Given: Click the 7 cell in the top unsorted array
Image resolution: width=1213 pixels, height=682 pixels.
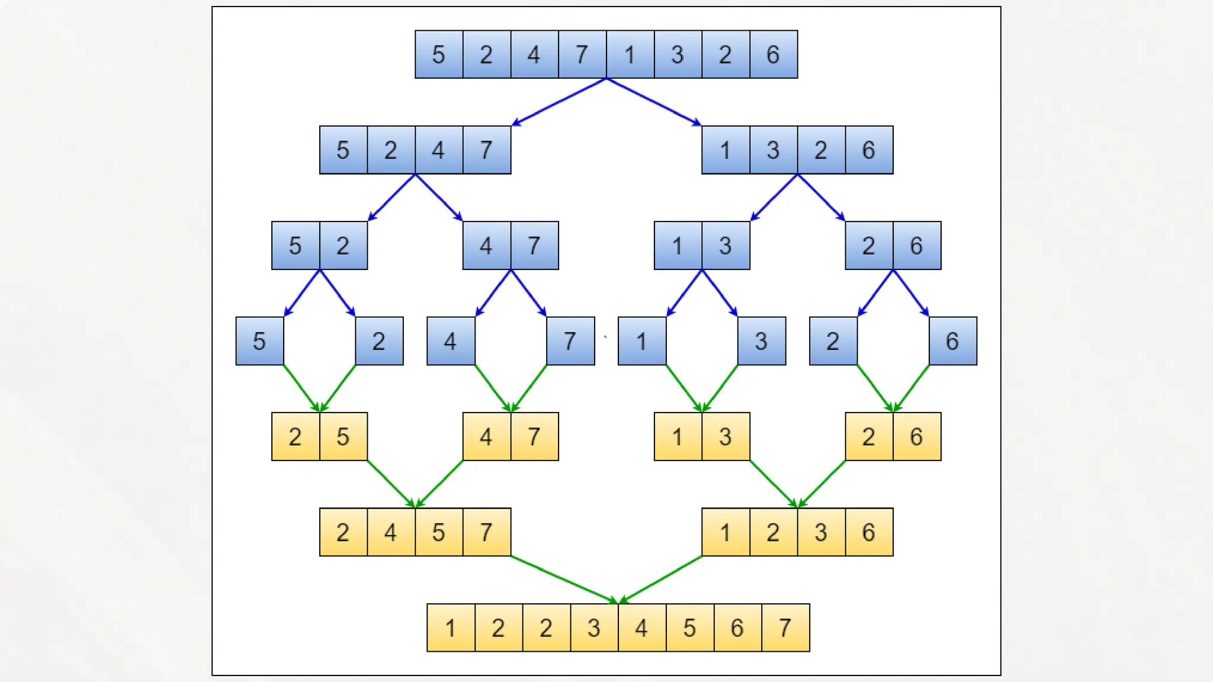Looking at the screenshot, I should coord(582,54).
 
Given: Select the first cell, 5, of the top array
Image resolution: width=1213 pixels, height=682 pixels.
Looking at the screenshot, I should coord(438,54).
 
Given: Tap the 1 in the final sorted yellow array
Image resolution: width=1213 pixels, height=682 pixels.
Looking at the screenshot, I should coord(450,628).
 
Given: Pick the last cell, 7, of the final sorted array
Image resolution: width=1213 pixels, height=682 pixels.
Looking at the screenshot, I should coord(785,628).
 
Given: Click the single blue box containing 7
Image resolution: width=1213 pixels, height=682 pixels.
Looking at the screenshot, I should coord(570,341).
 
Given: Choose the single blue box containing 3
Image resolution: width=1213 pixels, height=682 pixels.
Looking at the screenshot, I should coord(762,341).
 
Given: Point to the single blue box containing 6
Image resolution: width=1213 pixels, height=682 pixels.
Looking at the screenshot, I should coord(952,341).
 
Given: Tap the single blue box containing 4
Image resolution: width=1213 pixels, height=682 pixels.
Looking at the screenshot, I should coord(451,341).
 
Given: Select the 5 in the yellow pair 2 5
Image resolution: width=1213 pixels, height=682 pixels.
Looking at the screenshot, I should coord(343,437).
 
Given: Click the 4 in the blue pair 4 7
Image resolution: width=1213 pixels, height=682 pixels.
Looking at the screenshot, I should coord(486,246).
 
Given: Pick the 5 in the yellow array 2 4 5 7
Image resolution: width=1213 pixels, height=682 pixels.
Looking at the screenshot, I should coord(438,532).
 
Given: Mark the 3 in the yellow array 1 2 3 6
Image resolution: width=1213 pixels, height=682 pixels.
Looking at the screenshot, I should coord(821,532).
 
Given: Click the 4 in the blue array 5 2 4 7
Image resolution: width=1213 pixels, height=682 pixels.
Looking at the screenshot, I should coord(438,150).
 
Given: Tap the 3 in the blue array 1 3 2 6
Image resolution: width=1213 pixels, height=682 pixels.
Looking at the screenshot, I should coord(773,150).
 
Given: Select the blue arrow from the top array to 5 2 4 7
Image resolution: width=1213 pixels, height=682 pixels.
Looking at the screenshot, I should coord(560,102).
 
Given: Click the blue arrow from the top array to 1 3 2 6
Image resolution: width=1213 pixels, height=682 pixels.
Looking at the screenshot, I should coord(654,102).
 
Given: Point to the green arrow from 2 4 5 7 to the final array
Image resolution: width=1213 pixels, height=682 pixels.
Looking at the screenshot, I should coord(564,580).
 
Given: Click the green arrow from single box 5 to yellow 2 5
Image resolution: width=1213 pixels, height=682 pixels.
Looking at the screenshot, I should coord(301,389).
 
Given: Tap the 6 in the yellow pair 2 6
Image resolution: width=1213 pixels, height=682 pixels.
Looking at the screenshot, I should coord(916,437).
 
